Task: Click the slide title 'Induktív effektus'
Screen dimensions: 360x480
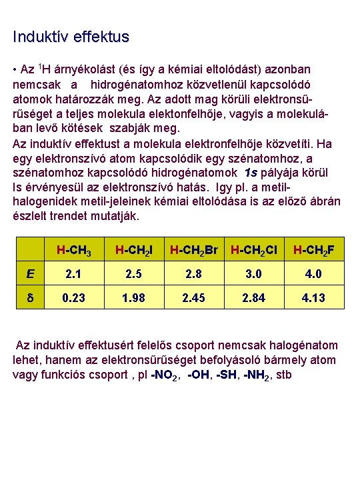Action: [x=71, y=37]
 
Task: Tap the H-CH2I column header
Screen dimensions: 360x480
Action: [x=134, y=251]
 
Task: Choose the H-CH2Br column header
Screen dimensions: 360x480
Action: [x=194, y=251]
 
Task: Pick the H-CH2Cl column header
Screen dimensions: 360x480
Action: [x=254, y=251]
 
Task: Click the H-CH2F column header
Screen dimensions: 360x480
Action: [x=313, y=251]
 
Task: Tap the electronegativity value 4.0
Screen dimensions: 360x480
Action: [x=313, y=273]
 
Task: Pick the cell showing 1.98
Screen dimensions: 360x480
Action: [x=134, y=297]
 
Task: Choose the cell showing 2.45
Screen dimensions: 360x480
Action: [x=194, y=297]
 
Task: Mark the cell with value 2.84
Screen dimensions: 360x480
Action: [x=254, y=297]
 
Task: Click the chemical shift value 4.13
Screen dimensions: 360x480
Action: [x=313, y=297]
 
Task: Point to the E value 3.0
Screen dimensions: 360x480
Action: [x=254, y=273]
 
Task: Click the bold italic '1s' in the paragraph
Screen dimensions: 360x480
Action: [x=255, y=173]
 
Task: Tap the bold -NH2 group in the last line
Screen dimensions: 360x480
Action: [x=256, y=375]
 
